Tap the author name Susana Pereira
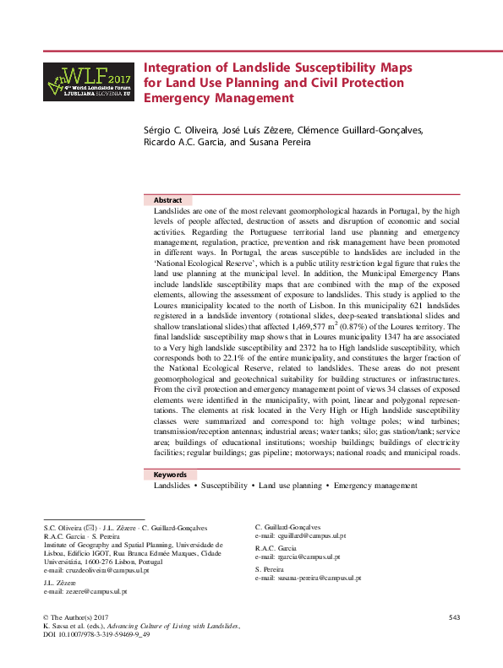(x=282, y=143)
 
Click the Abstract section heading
(x=167, y=200)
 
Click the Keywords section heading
(x=170, y=475)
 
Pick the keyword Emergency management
(x=375, y=487)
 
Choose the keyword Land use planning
(x=290, y=487)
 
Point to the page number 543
(x=454, y=619)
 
